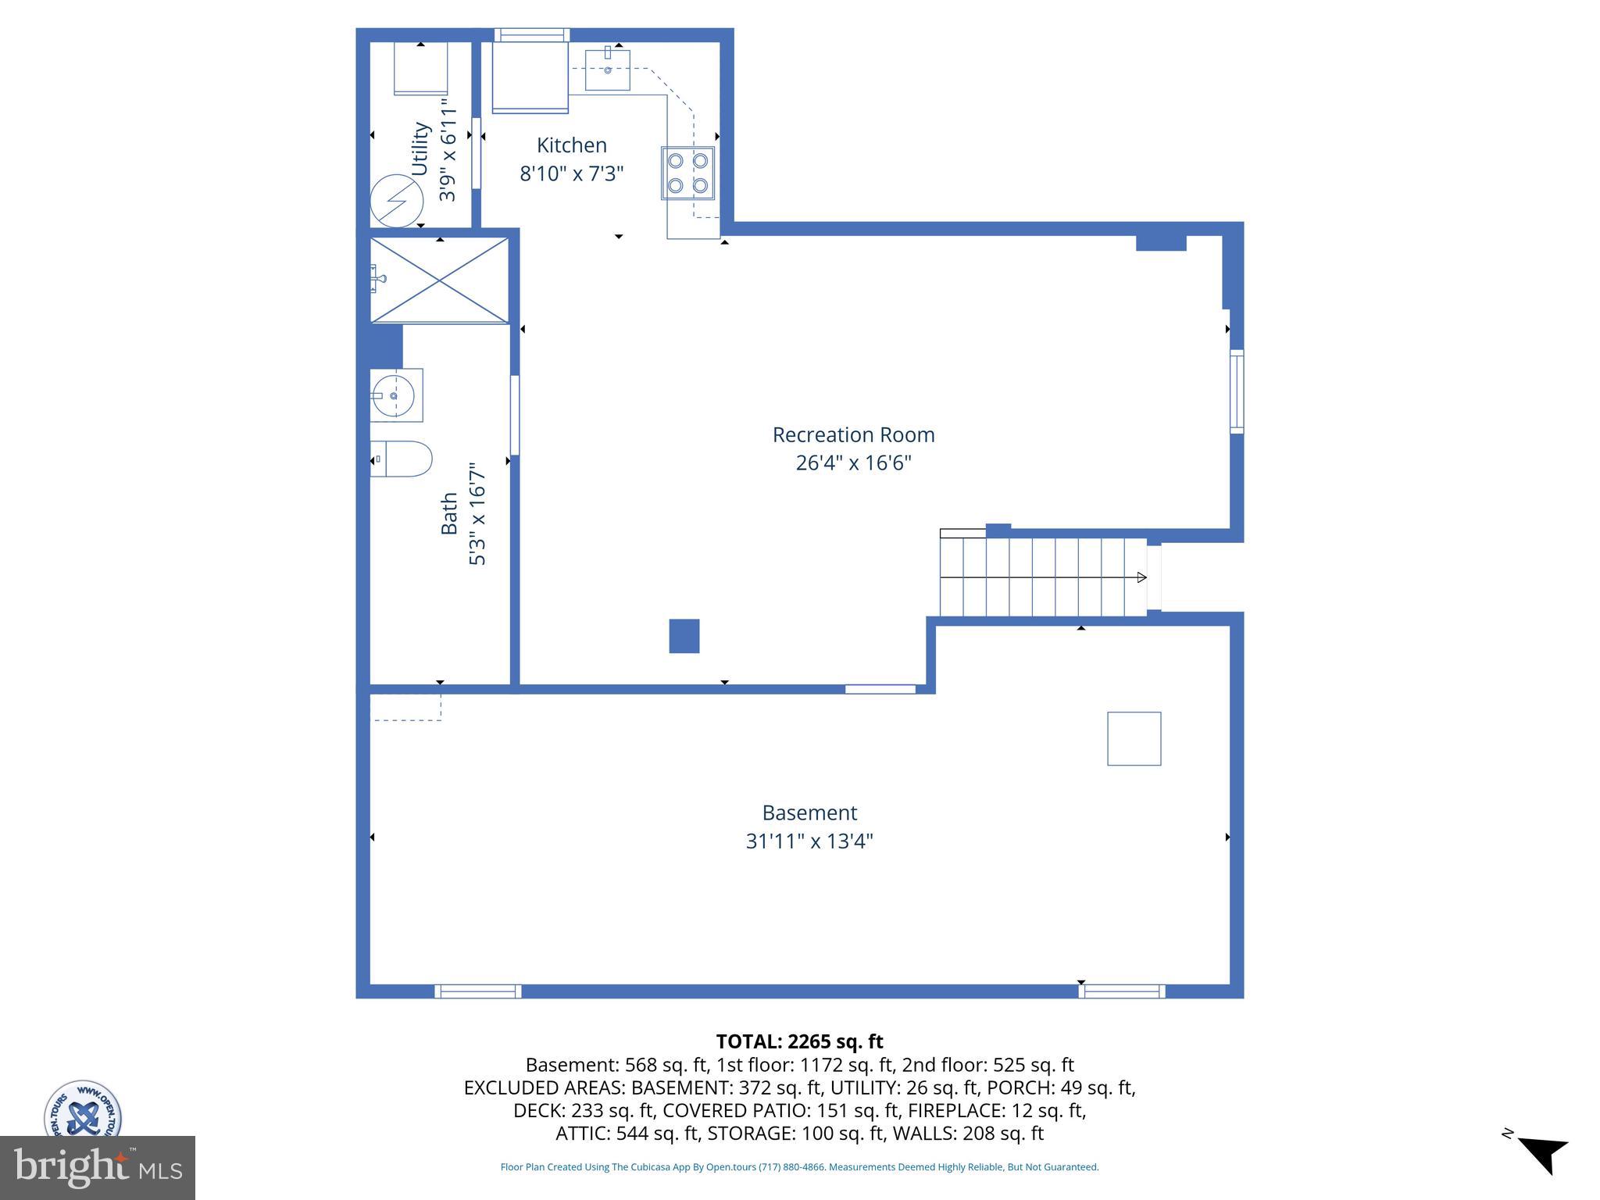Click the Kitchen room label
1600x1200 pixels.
(x=571, y=145)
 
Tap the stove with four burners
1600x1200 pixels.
(x=687, y=173)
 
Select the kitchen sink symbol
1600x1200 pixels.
(x=607, y=70)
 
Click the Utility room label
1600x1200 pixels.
(x=420, y=148)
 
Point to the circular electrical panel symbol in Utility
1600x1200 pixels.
(x=396, y=200)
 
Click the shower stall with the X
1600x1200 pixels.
(x=439, y=280)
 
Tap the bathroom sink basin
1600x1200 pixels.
(x=395, y=396)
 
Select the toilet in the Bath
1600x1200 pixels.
(x=402, y=459)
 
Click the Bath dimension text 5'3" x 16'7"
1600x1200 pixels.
(x=477, y=513)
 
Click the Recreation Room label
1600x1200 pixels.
(x=853, y=435)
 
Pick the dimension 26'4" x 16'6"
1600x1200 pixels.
(x=853, y=463)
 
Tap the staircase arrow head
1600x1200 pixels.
(x=1141, y=577)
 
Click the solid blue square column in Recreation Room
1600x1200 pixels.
(x=684, y=636)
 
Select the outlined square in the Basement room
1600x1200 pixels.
(x=1134, y=738)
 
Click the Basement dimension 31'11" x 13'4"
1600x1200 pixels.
(x=809, y=841)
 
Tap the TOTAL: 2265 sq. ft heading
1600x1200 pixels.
(x=799, y=1041)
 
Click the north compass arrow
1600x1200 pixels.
(x=1543, y=1154)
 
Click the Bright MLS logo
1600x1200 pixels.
(x=97, y=1167)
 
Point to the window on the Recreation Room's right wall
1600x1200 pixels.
(x=1237, y=391)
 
